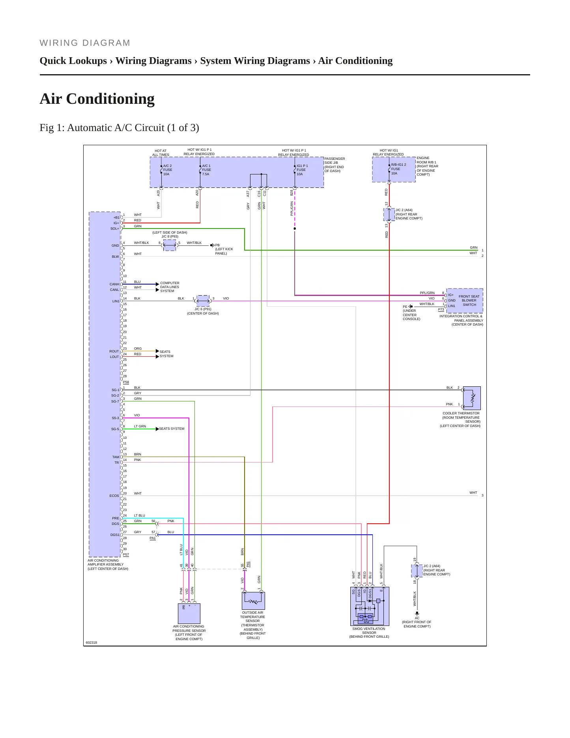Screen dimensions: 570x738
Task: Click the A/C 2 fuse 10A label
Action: [x=168, y=170]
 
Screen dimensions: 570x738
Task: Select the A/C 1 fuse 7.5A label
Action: [x=206, y=170]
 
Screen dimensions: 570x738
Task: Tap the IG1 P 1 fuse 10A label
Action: [x=302, y=170]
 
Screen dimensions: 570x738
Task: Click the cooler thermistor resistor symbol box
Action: [x=472, y=398]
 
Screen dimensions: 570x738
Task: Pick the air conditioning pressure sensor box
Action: [x=189, y=614]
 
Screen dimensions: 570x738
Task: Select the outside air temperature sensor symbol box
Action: [x=253, y=601]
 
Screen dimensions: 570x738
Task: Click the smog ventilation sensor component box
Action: [x=370, y=606]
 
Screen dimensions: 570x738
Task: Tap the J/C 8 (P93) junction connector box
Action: [x=170, y=245]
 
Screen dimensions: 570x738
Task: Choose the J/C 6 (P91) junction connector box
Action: [x=203, y=301]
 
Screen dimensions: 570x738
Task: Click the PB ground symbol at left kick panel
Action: [x=212, y=245]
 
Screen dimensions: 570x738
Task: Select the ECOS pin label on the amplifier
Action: [x=114, y=496]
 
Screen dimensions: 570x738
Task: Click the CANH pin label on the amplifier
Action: [x=114, y=284]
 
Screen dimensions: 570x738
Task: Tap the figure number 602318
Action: [x=92, y=642]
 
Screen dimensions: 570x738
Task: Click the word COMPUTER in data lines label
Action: [x=170, y=283]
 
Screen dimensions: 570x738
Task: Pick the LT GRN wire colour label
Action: [x=140, y=426]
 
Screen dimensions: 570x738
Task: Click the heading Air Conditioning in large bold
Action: [x=97, y=99]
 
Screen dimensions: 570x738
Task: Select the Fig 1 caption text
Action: [x=119, y=127]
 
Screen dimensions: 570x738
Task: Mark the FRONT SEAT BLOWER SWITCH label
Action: [x=469, y=300]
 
